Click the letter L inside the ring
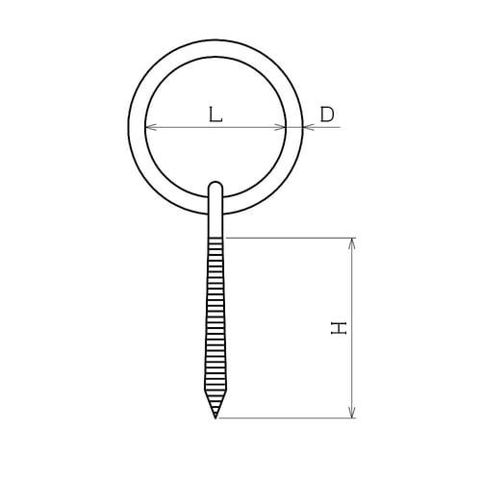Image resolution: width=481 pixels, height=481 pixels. tap(215, 114)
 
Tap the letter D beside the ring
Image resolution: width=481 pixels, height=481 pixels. tap(327, 114)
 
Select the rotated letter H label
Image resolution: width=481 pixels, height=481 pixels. tap(339, 328)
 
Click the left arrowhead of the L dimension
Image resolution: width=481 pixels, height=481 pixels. tap(150, 127)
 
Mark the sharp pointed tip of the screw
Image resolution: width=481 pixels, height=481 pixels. tap(215, 418)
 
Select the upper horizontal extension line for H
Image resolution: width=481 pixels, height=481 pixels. tap(289, 237)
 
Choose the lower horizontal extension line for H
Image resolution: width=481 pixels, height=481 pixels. tap(289, 418)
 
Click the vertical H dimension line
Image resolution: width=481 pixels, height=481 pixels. tap(353, 289)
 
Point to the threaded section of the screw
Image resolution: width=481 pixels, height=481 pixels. tap(215, 317)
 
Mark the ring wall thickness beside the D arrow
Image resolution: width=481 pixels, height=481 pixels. tap(295, 127)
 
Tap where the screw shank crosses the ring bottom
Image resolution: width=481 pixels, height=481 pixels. tap(215, 205)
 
